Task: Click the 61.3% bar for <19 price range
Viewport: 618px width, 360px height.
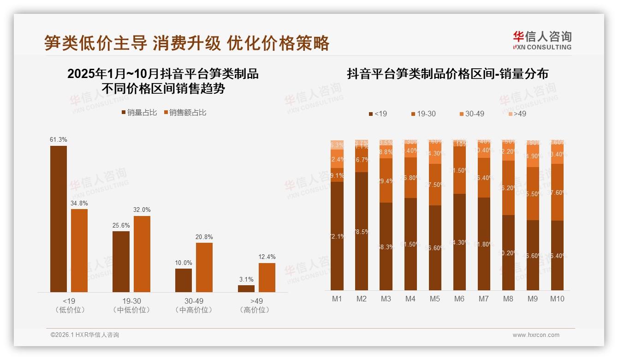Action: (59, 219)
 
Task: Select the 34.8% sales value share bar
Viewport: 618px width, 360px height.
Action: (79, 250)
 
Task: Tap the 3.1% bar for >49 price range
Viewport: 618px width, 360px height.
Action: (246, 288)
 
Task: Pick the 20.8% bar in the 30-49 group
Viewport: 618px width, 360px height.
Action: (204, 267)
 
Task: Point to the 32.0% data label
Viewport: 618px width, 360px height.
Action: (142, 210)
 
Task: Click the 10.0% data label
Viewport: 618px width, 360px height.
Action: (184, 263)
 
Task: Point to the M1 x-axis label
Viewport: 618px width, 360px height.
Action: (337, 299)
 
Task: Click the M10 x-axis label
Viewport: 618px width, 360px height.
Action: (557, 299)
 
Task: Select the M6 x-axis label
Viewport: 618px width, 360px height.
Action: (459, 299)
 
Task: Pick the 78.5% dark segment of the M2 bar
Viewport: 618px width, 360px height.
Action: (362, 231)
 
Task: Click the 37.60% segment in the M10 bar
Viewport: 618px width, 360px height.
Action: (557, 192)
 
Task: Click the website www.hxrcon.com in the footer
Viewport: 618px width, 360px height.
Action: (536, 335)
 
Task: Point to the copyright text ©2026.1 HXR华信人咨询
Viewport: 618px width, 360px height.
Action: (85, 335)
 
